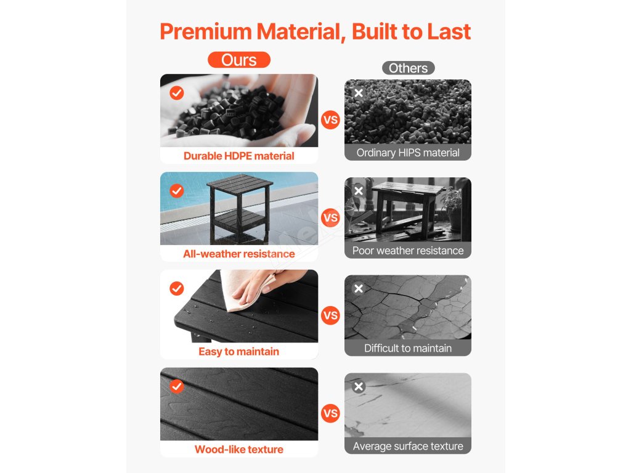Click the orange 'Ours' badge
[239, 60]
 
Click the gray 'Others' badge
[408, 68]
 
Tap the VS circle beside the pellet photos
[330, 120]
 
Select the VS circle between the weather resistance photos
[330, 217]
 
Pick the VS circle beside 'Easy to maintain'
[330, 315]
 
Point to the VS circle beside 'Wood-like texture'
[330, 413]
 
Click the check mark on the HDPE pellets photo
[177, 93]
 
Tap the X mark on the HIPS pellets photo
[359, 93]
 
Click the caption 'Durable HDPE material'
[239, 156]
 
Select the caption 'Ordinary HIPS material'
[408, 153]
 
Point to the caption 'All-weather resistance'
[239, 254]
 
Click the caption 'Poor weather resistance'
[408, 251]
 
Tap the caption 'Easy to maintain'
[239, 352]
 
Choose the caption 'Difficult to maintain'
[408, 349]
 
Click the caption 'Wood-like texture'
[239, 449]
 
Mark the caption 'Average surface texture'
[408, 446]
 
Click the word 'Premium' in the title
[206, 31]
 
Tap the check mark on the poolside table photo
[177, 191]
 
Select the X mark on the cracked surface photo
[359, 288]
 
